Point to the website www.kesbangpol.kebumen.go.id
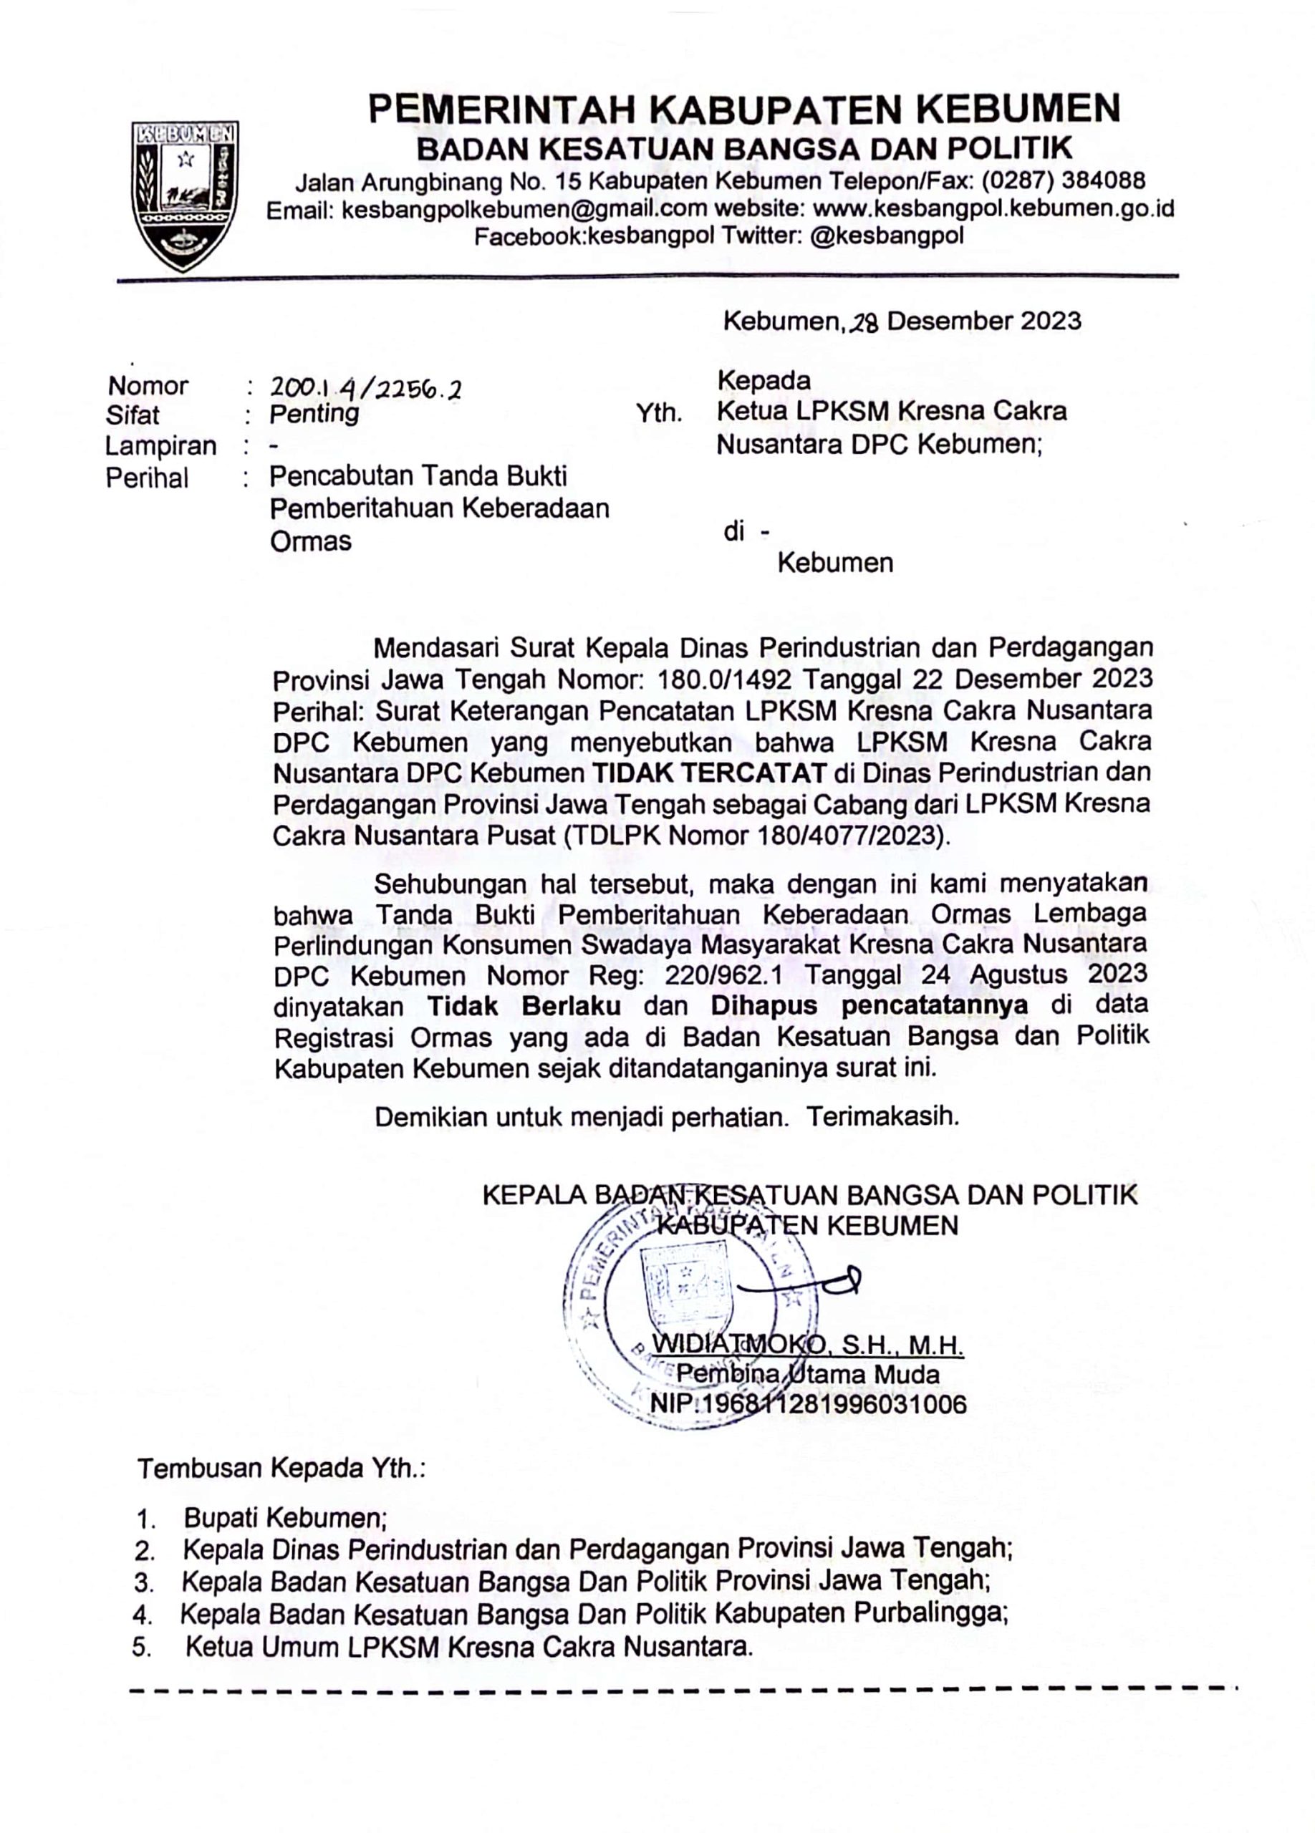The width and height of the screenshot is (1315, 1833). click(x=993, y=208)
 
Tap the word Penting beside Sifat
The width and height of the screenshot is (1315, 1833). click(x=314, y=414)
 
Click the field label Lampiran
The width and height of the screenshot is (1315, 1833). click(x=161, y=445)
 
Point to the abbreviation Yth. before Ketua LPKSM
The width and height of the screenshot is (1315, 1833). click(x=659, y=415)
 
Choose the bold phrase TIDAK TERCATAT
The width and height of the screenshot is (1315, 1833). click(x=709, y=773)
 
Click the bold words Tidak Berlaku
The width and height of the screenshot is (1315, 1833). click(x=524, y=1006)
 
